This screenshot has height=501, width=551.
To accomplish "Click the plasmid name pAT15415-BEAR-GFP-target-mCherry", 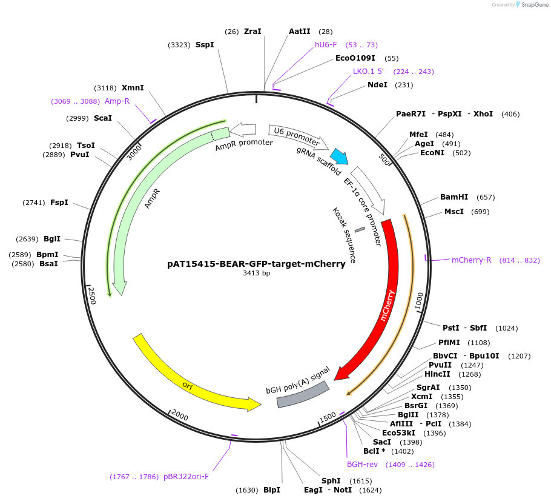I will (256, 264).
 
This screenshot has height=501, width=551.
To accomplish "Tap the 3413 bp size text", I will (256, 274).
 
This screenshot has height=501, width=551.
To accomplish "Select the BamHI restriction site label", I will (454, 197).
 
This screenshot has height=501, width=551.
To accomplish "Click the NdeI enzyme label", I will (377, 85).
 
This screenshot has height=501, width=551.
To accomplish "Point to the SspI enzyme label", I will (205, 45).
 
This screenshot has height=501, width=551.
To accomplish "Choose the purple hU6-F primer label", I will (326, 45).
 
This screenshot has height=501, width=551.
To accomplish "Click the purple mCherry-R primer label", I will (471, 260).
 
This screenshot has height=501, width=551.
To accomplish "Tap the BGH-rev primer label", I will (362, 465).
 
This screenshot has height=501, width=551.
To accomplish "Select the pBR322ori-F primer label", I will (186, 477).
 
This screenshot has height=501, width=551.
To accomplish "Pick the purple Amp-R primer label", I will (117, 101).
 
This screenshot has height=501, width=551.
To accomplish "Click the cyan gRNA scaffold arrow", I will (338, 156).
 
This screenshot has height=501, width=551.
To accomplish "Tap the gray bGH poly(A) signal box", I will (302, 394).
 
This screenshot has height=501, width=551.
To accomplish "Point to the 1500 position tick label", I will (328, 417).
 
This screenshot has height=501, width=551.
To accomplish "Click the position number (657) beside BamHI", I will (486, 197).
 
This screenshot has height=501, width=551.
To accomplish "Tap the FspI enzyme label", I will (59, 203).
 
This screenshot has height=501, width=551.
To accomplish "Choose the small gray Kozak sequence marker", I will (360, 229).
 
